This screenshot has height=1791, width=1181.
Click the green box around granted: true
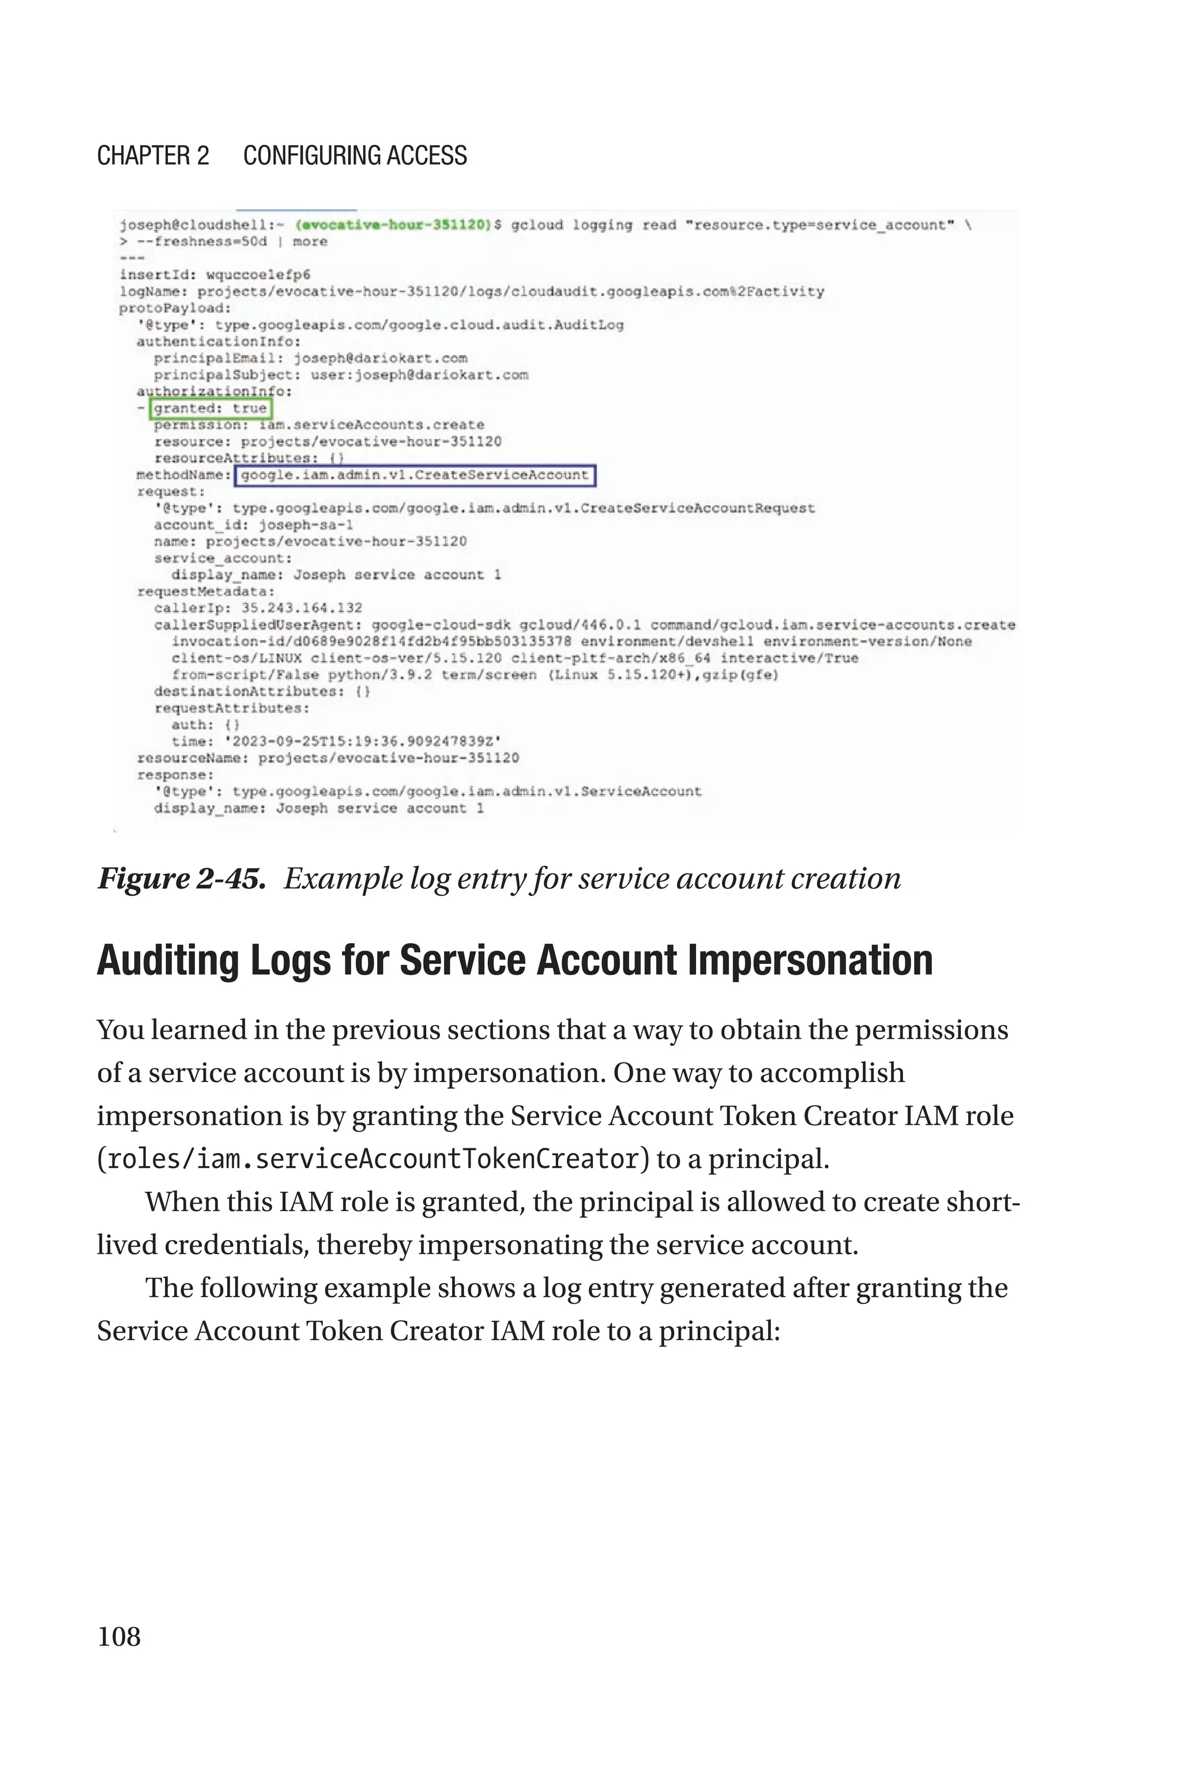(x=210, y=408)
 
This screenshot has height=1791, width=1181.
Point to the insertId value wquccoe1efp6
(x=258, y=275)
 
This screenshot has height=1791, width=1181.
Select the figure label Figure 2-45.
(x=180, y=878)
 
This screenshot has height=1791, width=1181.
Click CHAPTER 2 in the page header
(x=153, y=156)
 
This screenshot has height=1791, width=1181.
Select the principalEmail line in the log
(x=310, y=358)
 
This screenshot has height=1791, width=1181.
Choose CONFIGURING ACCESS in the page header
(x=355, y=156)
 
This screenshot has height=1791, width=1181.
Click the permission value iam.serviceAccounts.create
(x=371, y=425)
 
